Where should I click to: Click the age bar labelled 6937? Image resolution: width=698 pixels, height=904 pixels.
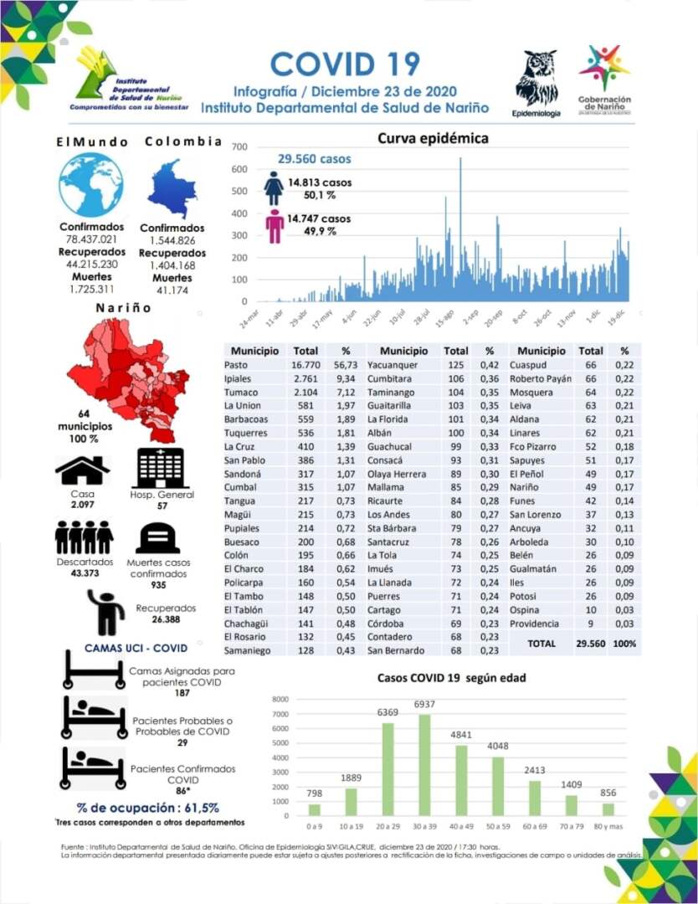[x=426, y=764]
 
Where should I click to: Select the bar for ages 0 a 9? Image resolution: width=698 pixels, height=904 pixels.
[x=314, y=809]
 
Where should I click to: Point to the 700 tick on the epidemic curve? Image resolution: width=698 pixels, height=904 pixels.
[x=240, y=147]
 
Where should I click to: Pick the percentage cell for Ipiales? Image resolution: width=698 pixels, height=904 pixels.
[x=345, y=378]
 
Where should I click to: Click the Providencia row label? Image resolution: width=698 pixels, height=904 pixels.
[x=536, y=624]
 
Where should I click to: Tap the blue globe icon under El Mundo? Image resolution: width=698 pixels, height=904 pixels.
[x=90, y=185]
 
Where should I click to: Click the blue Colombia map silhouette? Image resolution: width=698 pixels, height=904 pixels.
[x=172, y=188]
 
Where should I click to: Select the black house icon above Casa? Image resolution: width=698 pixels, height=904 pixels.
[x=82, y=470]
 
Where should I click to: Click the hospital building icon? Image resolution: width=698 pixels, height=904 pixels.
[x=162, y=467]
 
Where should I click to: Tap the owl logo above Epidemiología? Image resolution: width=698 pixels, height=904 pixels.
[x=536, y=78]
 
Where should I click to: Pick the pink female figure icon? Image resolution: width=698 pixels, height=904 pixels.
[x=275, y=226]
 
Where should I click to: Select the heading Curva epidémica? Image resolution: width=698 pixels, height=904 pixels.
[x=433, y=138]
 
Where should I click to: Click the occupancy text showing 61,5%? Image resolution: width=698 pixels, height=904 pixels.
[x=148, y=808]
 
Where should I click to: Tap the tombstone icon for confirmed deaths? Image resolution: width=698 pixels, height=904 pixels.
[x=158, y=538]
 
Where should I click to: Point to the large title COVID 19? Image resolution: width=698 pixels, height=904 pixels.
[x=345, y=64]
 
